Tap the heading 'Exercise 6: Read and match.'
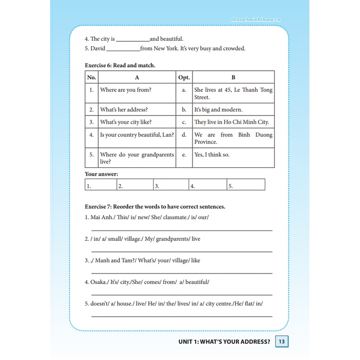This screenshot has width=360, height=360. tap(120, 65)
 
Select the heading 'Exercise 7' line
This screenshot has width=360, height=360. tap(155, 207)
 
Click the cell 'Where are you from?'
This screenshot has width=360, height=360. tap(126, 90)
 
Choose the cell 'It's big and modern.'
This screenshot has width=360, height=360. tap(218, 110)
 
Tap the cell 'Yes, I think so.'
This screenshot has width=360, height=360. tap(212, 154)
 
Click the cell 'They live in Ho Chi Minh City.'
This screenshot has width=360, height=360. tap(232, 122)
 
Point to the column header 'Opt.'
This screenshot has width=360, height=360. tap(184, 77)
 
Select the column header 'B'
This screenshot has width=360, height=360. tap(233, 77)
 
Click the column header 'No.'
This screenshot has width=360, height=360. tap(91, 77)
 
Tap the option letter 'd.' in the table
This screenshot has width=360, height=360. tap(184, 135)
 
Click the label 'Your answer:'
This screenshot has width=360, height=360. tap(102, 174)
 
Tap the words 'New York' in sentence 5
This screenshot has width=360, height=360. tap(164, 49)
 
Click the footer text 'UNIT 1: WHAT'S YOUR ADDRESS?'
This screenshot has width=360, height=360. tap(224, 342)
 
